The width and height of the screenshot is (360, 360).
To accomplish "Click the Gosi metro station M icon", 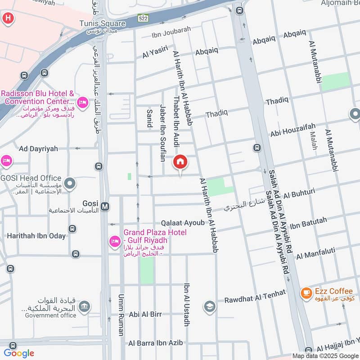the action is click(105, 206).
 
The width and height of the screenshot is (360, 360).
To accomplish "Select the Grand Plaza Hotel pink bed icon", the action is click(114, 242).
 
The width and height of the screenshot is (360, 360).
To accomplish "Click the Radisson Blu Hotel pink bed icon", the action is click(82, 103).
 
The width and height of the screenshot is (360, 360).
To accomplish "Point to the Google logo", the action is click(19, 353).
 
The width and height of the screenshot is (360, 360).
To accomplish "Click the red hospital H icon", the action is click(8, 18).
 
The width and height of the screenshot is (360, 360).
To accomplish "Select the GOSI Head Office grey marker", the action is click(69, 184).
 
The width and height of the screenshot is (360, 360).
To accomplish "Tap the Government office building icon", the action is click(83, 307).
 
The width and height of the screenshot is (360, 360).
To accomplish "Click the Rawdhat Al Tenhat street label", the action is click(255, 297).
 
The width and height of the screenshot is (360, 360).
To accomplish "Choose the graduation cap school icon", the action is click(210, 307).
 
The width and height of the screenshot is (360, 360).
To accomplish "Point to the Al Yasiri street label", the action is click(155, 54).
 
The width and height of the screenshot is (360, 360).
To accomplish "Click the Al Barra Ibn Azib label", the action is click(155, 343).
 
